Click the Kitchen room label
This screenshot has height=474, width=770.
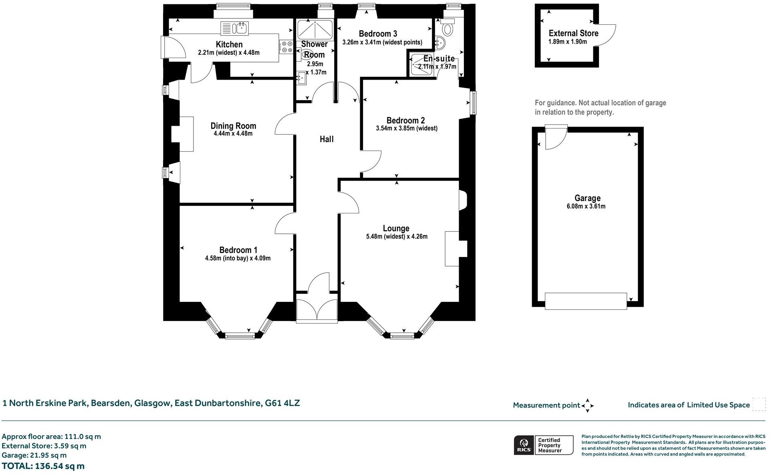(229, 44)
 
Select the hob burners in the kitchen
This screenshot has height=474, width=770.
(286, 47)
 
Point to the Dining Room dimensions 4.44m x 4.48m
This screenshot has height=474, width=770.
(233, 134)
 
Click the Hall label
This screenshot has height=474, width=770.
(327, 139)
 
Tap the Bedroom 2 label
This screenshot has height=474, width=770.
(405, 121)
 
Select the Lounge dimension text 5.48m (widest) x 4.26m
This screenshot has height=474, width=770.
(396, 237)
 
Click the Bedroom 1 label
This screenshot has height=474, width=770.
(238, 250)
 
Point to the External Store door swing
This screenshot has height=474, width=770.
(606, 36)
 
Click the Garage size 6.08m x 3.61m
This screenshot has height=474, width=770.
(587, 207)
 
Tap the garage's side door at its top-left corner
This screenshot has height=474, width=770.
(556, 137)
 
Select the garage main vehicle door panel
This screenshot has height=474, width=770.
(586, 301)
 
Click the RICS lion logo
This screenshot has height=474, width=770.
(524, 445)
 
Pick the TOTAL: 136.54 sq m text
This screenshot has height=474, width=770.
(43, 466)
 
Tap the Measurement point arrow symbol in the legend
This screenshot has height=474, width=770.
(587, 406)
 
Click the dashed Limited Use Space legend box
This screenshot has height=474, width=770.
(759, 404)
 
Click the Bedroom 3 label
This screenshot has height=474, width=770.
(378, 34)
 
